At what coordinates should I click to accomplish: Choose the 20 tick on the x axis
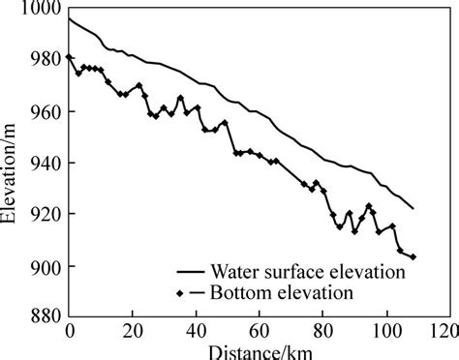point(133,330)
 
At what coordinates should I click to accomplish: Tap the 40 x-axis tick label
point(197,330)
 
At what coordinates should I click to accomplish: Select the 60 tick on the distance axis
point(260,330)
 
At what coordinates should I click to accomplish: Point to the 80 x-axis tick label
point(323,330)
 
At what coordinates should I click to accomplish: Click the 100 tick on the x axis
point(386,330)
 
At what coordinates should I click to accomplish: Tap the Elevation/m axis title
point(12,165)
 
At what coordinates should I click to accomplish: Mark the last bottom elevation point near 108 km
point(413,257)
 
